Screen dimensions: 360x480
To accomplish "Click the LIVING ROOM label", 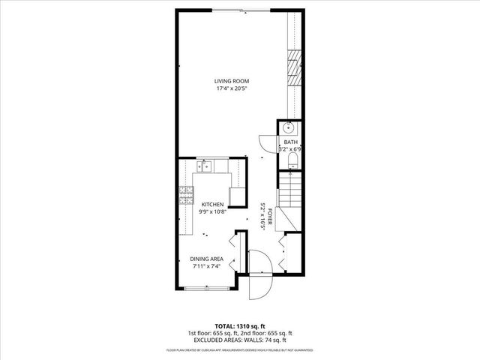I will click(232, 81).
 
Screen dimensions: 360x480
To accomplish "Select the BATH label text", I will click(289, 142).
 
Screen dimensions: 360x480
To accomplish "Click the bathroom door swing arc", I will click(267, 142).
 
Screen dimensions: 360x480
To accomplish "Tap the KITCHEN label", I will click(212, 204).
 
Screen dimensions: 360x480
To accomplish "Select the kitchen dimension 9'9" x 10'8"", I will click(212, 212).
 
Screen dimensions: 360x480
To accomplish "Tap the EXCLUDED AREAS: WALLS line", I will click(239, 340).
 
